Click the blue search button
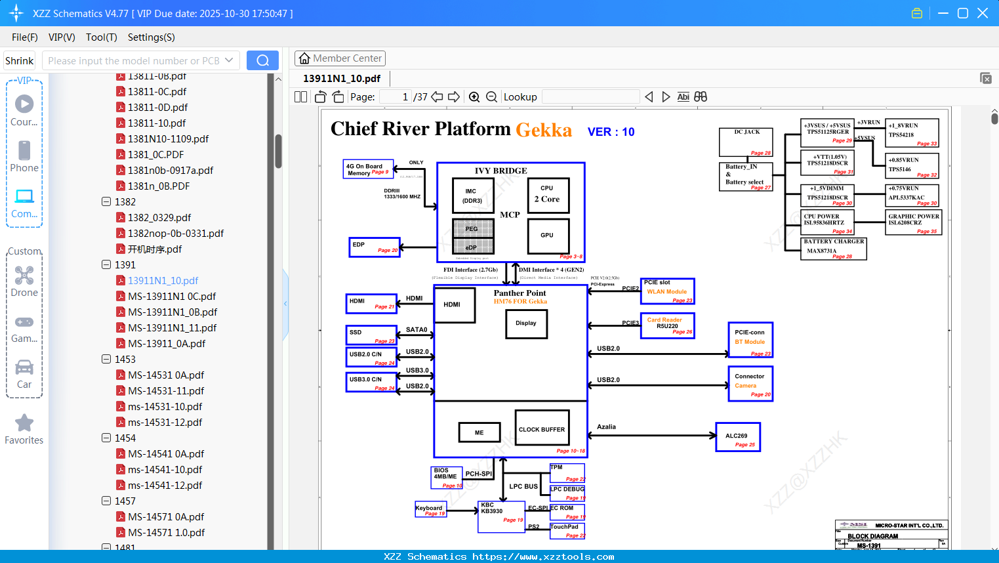262,60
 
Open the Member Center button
340,58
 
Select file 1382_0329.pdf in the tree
159,217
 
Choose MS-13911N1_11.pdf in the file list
172,327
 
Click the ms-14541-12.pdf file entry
165,485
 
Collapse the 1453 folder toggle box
106,359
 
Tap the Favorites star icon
24,423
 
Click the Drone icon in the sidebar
24,276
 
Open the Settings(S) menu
151,37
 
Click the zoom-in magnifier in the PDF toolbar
474,97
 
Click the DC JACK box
746,142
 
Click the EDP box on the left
374,247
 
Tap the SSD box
371,335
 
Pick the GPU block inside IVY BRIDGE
547,236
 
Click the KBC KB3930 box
501,516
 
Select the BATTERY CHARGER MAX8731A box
834,249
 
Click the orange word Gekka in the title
544,130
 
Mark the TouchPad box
567,530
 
